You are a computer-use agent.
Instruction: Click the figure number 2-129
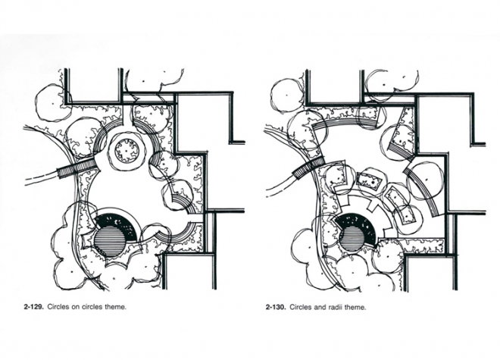click(x=34, y=307)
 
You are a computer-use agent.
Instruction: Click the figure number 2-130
click(x=276, y=308)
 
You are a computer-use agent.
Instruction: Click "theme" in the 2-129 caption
click(x=115, y=307)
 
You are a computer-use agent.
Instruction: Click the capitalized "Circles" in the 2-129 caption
click(x=58, y=307)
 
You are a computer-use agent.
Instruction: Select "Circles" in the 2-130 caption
click(x=301, y=308)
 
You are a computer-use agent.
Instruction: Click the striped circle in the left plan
click(x=109, y=241)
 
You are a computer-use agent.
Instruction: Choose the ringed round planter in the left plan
click(x=127, y=151)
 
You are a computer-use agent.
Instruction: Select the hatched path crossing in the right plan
click(x=308, y=167)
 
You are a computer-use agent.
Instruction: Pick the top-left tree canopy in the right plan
click(x=289, y=95)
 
